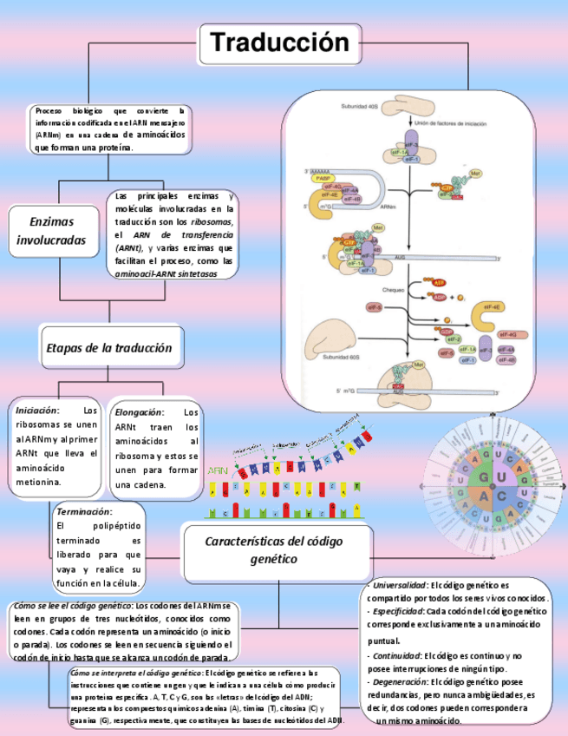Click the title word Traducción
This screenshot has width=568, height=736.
pos(280,43)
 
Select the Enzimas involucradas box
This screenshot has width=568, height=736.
pos(52,230)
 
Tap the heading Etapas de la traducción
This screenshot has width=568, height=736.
pos(108,347)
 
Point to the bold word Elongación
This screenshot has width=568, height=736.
pos(139,412)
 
